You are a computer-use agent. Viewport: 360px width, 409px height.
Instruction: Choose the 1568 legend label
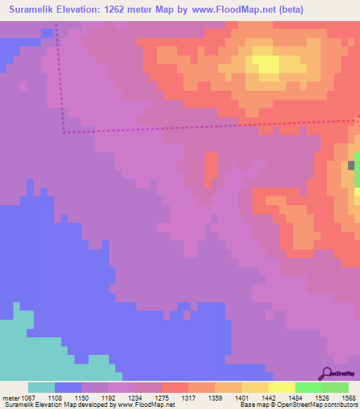click(x=349, y=397)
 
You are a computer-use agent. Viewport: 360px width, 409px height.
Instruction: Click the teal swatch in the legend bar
click(x=41, y=387)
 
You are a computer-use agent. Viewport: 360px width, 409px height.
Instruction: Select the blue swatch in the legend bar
click(x=68, y=387)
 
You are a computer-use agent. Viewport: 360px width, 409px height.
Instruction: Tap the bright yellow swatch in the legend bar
click(x=281, y=387)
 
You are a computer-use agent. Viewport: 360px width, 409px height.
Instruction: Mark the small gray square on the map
click(x=351, y=165)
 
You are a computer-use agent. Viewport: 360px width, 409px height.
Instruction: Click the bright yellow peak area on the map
click(x=266, y=65)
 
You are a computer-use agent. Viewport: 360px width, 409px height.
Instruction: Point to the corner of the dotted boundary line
click(x=64, y=131)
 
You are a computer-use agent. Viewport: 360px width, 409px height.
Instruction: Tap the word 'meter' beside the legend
click(x=11, y=397)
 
